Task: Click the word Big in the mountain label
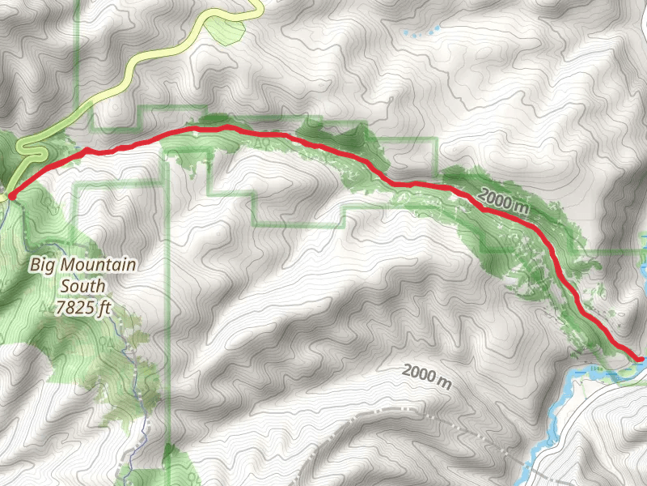tap(44, 264)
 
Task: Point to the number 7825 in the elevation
tap(74, 307)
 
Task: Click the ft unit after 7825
tap(104, 307)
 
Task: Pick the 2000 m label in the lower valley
tap(426, 376)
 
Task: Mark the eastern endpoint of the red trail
tap(641, 357)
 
